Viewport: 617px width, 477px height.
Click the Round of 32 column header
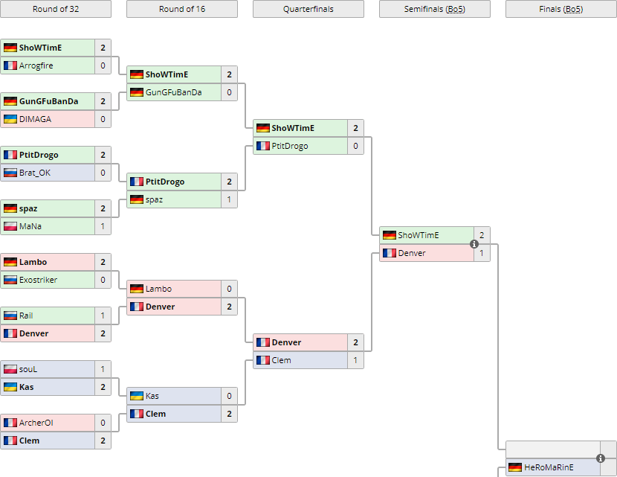pyautogui.click(x=56, y=9)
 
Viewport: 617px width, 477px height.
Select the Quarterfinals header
pyautogui.click(x=308, y=9)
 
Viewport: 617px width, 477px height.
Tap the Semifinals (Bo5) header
pyautogui.click(x=435, y=9)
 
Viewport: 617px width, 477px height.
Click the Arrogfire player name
pyautogui.click(x=36, y=65)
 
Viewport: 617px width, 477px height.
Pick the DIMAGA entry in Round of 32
pyautogui.click(x=34, y=119)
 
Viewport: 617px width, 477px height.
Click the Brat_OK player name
pyautogui.click(x=36, y=173)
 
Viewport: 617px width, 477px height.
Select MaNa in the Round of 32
pyautogui.click(x=30, y=226)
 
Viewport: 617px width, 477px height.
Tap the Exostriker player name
pyautogui.click(x=39, y=280)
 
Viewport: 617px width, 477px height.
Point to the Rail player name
pyautogui.click(x=26, y=316)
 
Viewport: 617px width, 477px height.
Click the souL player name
pyautogui.click(x=28, y=369)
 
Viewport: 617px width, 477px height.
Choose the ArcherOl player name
pyautogui.click(x=36, y=423)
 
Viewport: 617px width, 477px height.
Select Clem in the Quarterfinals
pyautogui.click(x=282, y=360)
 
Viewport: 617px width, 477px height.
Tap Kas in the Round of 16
pyautogui.click(x=152, y=396)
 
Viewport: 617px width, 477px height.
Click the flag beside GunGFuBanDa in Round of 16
pyautogui.click(x=137, y=92)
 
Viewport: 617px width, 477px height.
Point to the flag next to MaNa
pyautogui.click(x=10, y=226)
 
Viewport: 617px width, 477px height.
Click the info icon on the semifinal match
pyautogui.click(x=474, y=244)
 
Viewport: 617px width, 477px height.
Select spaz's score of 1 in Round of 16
pyautogui.click(x=229, y=199)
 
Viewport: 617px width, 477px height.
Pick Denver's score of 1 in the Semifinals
pyautogui.click(x=482, y=253)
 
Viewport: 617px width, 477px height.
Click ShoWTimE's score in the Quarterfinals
pyautogui.click(x=355, y=128)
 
